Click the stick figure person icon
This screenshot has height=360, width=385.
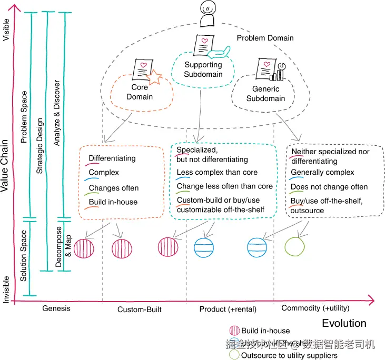208,14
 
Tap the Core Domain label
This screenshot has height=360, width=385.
140,92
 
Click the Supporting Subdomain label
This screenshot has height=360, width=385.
203,69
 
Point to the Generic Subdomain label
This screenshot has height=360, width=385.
265,94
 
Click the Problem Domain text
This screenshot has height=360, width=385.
265,38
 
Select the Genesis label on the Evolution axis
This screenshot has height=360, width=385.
56,308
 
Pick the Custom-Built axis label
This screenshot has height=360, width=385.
139,309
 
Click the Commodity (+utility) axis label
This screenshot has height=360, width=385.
315,308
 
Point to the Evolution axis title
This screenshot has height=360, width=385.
344,323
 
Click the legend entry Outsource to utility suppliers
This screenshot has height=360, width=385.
289,355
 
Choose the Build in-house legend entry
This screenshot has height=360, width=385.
265,331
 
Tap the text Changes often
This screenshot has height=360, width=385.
113,188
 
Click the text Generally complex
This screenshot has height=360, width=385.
322,173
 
